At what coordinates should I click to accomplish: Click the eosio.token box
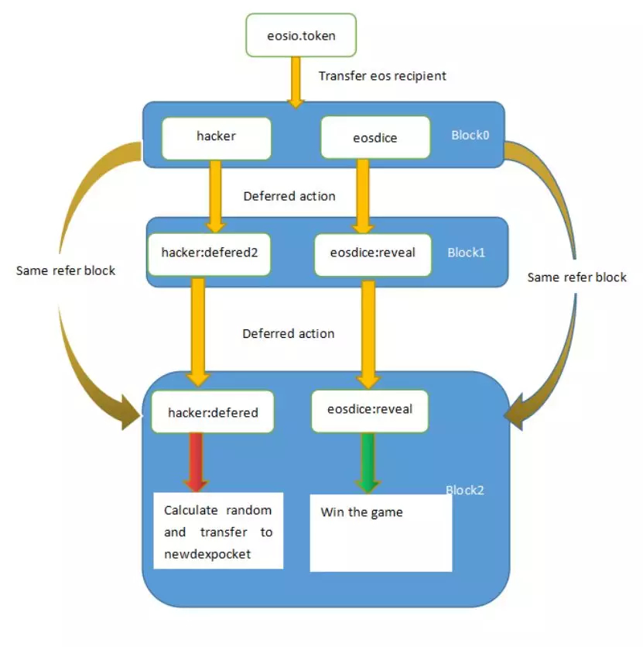click(301, 35)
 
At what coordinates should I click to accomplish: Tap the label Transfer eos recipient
click(382, 76)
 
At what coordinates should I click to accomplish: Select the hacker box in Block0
click(216, 137)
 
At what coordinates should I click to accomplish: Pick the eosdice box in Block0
click(375, 138)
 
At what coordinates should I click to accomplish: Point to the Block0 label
click(470, 135)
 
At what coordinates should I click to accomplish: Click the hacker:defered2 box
click(209, 253)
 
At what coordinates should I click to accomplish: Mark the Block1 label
click(466, 253)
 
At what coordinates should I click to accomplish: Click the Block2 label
click(465, 490)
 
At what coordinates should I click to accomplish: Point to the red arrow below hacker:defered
click(196, 462)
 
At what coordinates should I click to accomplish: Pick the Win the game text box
click(381, 533)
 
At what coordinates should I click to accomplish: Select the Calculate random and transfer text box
click(218, 532)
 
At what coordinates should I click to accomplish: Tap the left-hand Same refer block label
click(66, 270)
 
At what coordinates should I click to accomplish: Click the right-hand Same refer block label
click(576, 277)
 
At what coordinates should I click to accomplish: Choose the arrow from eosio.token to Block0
click(295, 81)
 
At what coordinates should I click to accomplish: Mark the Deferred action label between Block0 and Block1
click(289, 196)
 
